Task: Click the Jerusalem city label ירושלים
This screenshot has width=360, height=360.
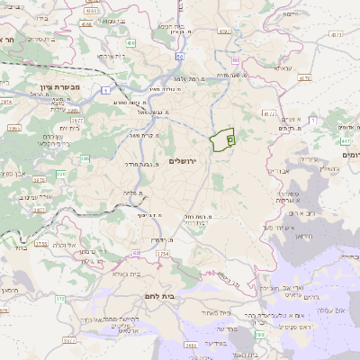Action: (182, 160)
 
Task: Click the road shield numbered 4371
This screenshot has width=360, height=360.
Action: (336, 34)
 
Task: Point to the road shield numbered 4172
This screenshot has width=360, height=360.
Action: (270, 113)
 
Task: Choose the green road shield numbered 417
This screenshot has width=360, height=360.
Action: (346, 141)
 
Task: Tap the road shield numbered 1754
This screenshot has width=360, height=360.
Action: (163, 256)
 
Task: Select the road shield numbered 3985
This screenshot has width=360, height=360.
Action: (13, 129)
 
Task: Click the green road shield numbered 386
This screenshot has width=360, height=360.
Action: (85, 159)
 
